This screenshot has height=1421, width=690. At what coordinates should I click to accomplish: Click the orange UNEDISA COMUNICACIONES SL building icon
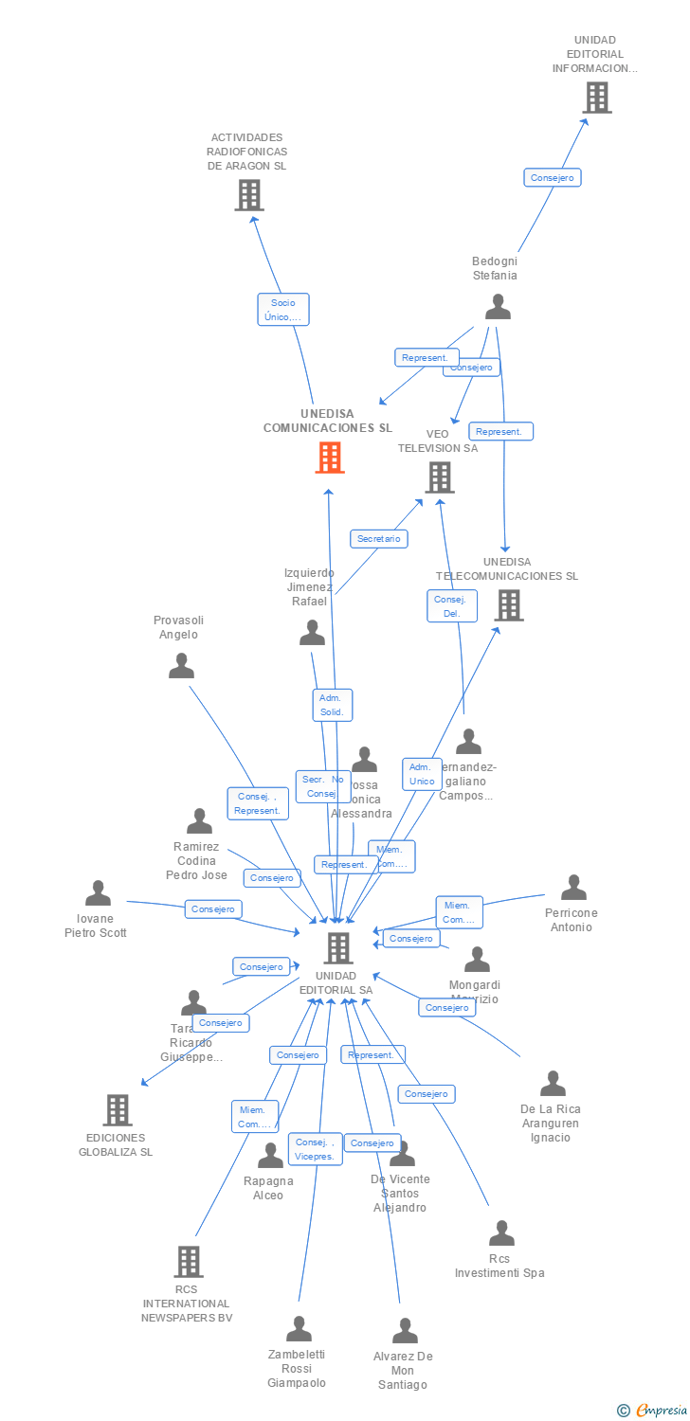click(329, 458)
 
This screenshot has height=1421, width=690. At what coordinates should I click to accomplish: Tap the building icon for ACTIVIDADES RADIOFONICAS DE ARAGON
click(248, 195)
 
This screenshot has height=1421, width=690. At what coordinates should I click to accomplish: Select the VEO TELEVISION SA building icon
click(439, 477)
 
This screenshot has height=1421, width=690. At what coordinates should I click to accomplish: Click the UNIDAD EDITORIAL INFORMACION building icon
click(596, 98)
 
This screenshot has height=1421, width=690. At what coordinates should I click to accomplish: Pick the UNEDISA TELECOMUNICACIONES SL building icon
click(508, 605)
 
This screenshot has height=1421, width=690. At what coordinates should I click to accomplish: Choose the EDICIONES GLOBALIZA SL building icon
click(117, 1109)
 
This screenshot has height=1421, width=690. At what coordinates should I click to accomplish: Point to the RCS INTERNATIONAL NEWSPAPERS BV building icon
click(188, 1262)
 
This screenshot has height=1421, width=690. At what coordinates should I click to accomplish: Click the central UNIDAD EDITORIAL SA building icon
click(337, 947)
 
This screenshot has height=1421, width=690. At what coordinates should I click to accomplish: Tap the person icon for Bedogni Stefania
click(498, 307)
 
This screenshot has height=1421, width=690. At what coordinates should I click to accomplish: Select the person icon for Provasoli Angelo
click(181, 666)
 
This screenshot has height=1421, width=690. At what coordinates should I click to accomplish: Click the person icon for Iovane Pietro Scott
click(98, 893)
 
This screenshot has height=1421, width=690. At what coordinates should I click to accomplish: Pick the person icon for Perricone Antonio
click(573, 888)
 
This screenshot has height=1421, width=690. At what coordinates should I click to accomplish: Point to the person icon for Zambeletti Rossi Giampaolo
click(299, 1329)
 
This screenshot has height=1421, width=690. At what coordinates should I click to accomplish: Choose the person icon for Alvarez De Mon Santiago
click(405, 1331)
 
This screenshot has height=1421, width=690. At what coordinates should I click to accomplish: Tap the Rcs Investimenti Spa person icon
click(501, 1233)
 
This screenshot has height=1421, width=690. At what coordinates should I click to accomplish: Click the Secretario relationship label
click(379, 539)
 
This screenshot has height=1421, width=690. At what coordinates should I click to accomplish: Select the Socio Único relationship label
click(282, 310)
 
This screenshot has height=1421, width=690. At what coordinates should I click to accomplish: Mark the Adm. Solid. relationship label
click(332, 705)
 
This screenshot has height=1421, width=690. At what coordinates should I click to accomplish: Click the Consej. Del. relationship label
click(452, 606)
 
